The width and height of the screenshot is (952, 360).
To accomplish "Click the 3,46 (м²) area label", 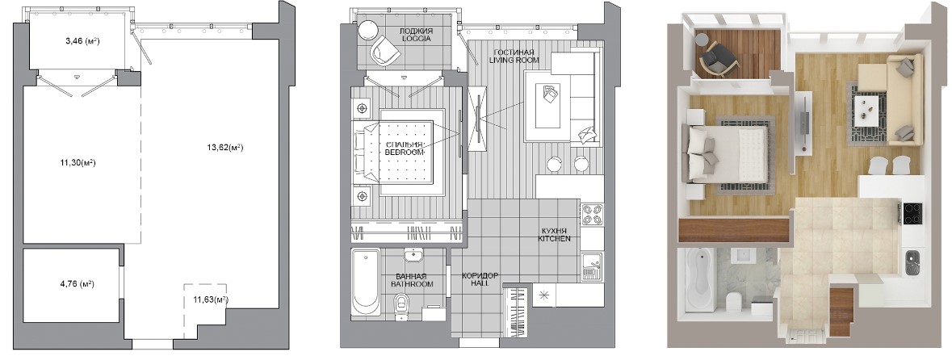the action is point(82,42).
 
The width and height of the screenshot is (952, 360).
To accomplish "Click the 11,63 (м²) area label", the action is point(211,299).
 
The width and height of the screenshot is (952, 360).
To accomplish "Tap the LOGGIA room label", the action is point(416,39).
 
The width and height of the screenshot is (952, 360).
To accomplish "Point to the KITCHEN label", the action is point(554,239).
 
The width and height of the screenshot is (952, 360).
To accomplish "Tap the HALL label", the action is point(480,283).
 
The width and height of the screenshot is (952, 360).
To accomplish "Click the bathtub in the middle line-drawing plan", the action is point(366,282).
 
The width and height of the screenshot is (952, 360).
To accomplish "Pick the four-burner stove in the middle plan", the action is point(593,214).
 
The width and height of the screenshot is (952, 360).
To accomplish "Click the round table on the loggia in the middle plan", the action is point(368,30).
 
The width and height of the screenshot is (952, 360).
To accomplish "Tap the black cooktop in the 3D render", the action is point(912,213).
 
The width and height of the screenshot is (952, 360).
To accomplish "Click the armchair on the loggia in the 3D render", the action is point(717,57).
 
